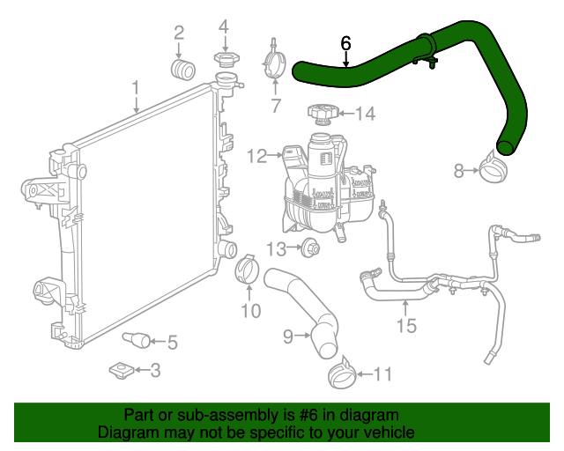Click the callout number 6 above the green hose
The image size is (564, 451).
click(345, 43)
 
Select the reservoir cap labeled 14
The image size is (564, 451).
click(321, 114)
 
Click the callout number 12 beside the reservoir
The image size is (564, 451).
click(256, 157)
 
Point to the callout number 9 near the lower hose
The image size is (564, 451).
click(287, 336)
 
